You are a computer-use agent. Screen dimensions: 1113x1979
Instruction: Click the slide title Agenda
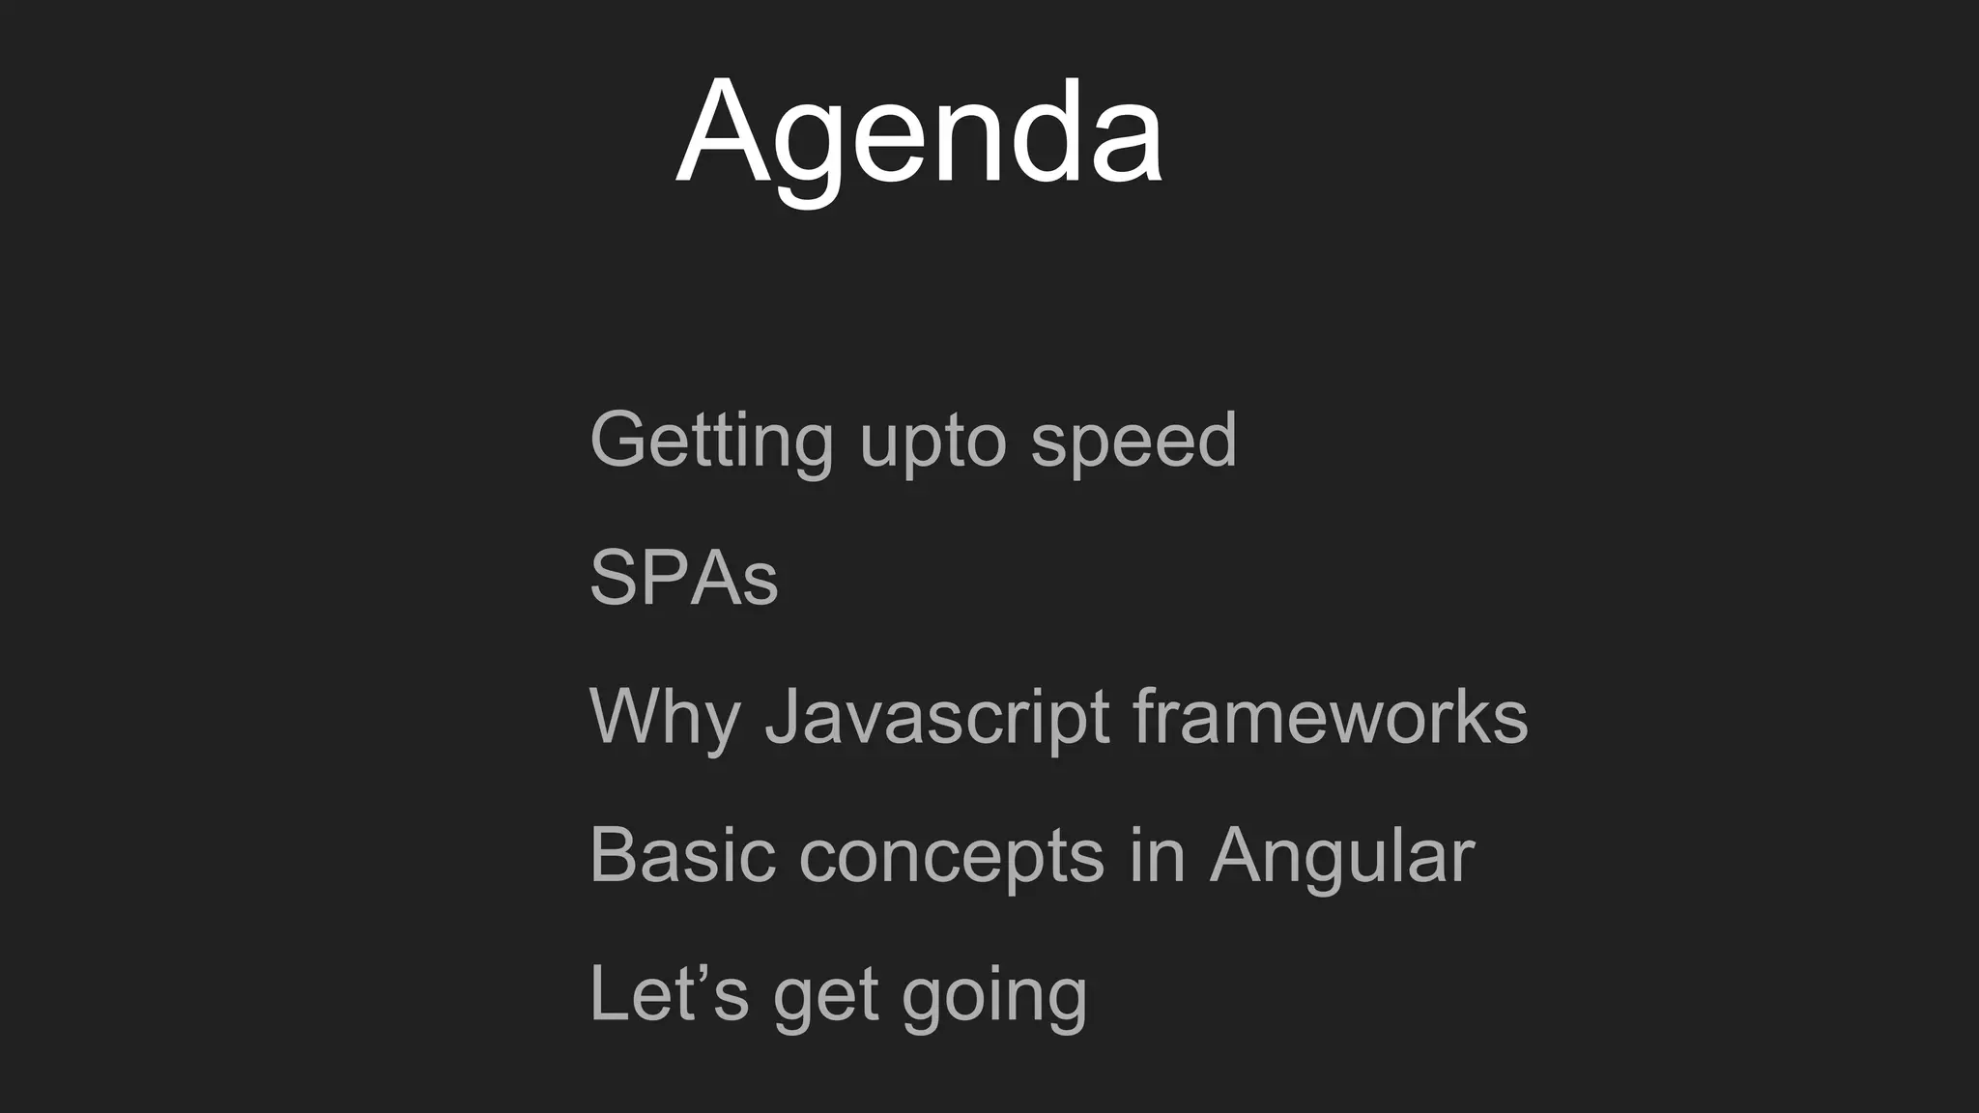pos(919,132)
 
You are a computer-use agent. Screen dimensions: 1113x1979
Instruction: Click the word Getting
pos(710,441)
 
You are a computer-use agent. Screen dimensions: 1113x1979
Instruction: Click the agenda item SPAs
pos(683,578)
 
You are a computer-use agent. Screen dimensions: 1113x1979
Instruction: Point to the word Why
pos(664,718)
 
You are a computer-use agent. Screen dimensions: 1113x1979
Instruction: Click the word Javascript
pos(936,718)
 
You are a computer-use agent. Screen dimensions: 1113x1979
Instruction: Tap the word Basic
pos(681,855)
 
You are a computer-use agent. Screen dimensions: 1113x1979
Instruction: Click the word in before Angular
pos(1157,855)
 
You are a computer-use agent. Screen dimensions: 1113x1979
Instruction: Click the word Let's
pos(668,992)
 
